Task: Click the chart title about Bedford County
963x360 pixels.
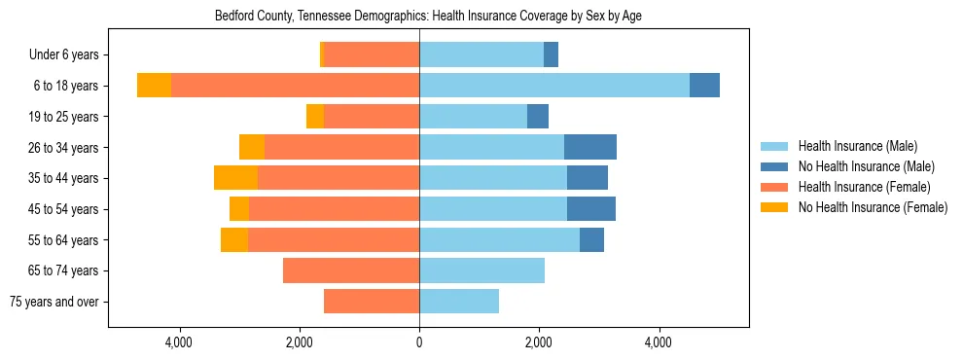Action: [x=428, y=16]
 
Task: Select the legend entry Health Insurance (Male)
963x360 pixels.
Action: [x=856, y=146]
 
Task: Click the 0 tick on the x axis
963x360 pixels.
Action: [x=419, y=342]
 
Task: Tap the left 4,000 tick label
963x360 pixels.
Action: [x=180, y=342]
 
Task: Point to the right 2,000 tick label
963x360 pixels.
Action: [x=539, y=342]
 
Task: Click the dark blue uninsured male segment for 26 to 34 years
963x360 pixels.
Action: [x=590, y=147]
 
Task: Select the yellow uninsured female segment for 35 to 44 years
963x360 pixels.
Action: [x=235, y=178]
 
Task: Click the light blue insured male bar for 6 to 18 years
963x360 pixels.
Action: [x=554, y=86]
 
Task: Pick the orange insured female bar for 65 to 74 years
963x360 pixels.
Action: [x=351, y=270]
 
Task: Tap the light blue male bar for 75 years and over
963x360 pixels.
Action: [x=459, y=302]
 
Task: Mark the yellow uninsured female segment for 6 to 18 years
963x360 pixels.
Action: [x=154, y=86]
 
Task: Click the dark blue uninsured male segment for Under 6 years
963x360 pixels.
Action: [x=551, y=54]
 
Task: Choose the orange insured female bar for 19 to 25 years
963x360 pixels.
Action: [x=372, y=117]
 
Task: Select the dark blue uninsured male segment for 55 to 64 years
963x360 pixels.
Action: [x=591, y=239]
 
